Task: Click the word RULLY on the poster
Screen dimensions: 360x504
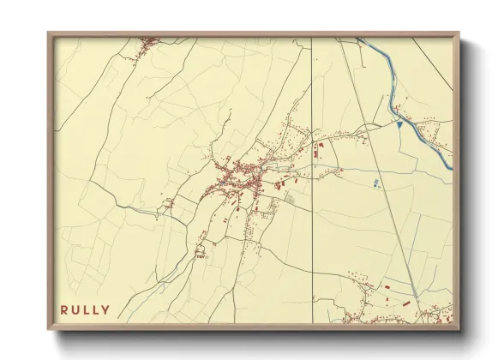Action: (85, 309)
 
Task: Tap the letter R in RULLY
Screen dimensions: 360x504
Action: (63, 309)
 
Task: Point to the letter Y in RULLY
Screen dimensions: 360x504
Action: (105, 309)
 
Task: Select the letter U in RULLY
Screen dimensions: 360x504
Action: (75, 309)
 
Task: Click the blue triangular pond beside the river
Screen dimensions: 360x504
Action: (399, 125)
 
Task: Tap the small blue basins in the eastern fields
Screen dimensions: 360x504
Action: (376, 183)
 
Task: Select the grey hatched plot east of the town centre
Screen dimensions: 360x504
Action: (290, 199)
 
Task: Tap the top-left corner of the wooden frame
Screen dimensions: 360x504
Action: (49, 34)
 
